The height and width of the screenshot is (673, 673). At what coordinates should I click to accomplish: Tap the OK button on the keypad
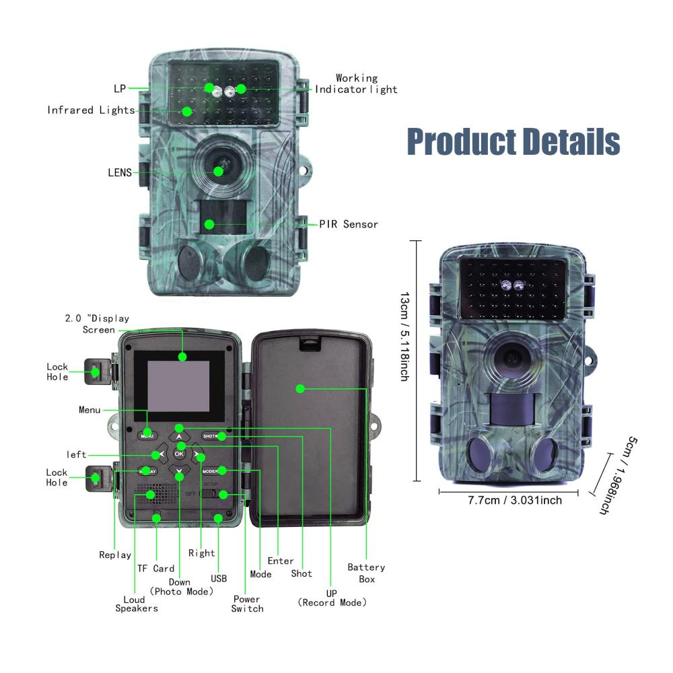[179, 453]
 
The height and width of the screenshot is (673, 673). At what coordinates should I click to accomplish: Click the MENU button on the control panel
[147, 435]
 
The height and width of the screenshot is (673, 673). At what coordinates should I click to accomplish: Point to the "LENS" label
[119, 172]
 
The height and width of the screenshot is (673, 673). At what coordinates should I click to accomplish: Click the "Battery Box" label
[366, 573]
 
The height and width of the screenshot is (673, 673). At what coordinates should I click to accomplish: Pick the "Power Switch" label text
[247, 604]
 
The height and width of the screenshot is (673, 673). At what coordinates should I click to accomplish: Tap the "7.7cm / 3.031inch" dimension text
[514, 500]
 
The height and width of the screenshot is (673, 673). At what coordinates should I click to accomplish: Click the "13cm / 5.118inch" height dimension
[404, 336]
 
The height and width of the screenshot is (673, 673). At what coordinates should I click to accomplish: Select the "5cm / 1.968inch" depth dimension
[613, 475]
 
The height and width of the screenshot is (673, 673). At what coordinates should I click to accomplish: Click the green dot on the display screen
[182, 355]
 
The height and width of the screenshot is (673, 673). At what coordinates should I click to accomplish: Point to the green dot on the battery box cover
[301, 388]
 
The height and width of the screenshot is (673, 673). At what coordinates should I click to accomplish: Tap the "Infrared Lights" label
[91, 110]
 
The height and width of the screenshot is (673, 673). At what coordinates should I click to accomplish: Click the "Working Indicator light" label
[357, 84]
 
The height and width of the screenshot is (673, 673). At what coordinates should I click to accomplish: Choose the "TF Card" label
[155, 568]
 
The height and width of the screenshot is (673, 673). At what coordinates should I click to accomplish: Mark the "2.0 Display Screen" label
[98, 324]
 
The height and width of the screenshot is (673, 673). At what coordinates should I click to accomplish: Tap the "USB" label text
[219, 578]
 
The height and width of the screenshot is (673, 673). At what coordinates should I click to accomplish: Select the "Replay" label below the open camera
[115, 555]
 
